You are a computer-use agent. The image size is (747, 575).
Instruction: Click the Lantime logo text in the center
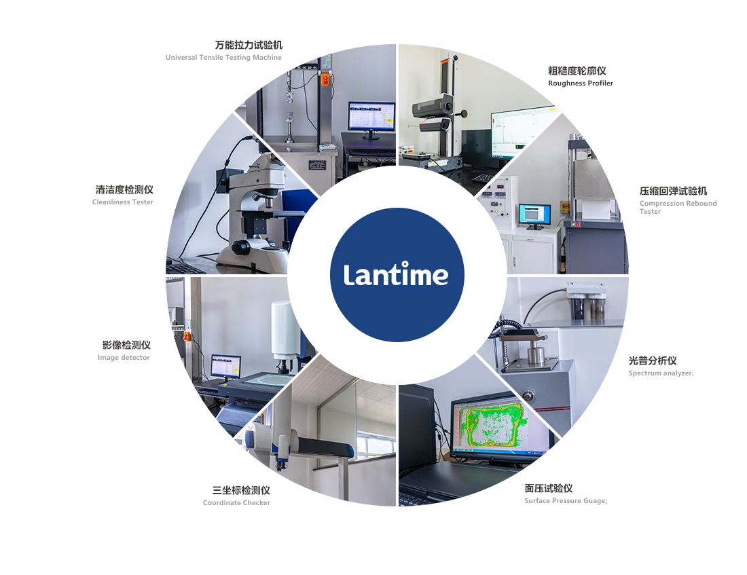coord(396,274)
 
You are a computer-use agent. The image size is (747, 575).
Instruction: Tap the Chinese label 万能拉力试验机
coord(249,45)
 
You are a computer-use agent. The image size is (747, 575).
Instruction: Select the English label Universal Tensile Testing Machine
coord(223,58)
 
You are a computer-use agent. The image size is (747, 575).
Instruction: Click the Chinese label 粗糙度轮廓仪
coord(577,71)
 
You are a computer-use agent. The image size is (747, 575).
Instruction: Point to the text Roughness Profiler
coord(581,84)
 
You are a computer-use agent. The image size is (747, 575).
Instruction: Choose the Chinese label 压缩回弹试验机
coord(673,191)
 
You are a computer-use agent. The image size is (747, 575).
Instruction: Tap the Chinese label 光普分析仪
coord(653,360)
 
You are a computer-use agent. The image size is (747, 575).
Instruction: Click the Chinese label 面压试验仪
coord(549,488)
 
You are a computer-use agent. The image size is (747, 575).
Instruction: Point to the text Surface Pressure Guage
coord(566,501)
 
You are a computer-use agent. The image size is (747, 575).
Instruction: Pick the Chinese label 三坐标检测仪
coord(241,490)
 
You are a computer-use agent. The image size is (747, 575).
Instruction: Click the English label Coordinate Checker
coord(236,503)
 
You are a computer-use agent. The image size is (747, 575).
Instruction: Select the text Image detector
coord(124,358)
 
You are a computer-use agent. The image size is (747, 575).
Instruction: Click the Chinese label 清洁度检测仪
coord(124,190)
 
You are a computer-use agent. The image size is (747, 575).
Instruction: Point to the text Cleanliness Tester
coord(123,202)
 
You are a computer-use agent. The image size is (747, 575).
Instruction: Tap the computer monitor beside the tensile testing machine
coord(371,117)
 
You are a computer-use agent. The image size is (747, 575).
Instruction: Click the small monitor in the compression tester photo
coord(534,215)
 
